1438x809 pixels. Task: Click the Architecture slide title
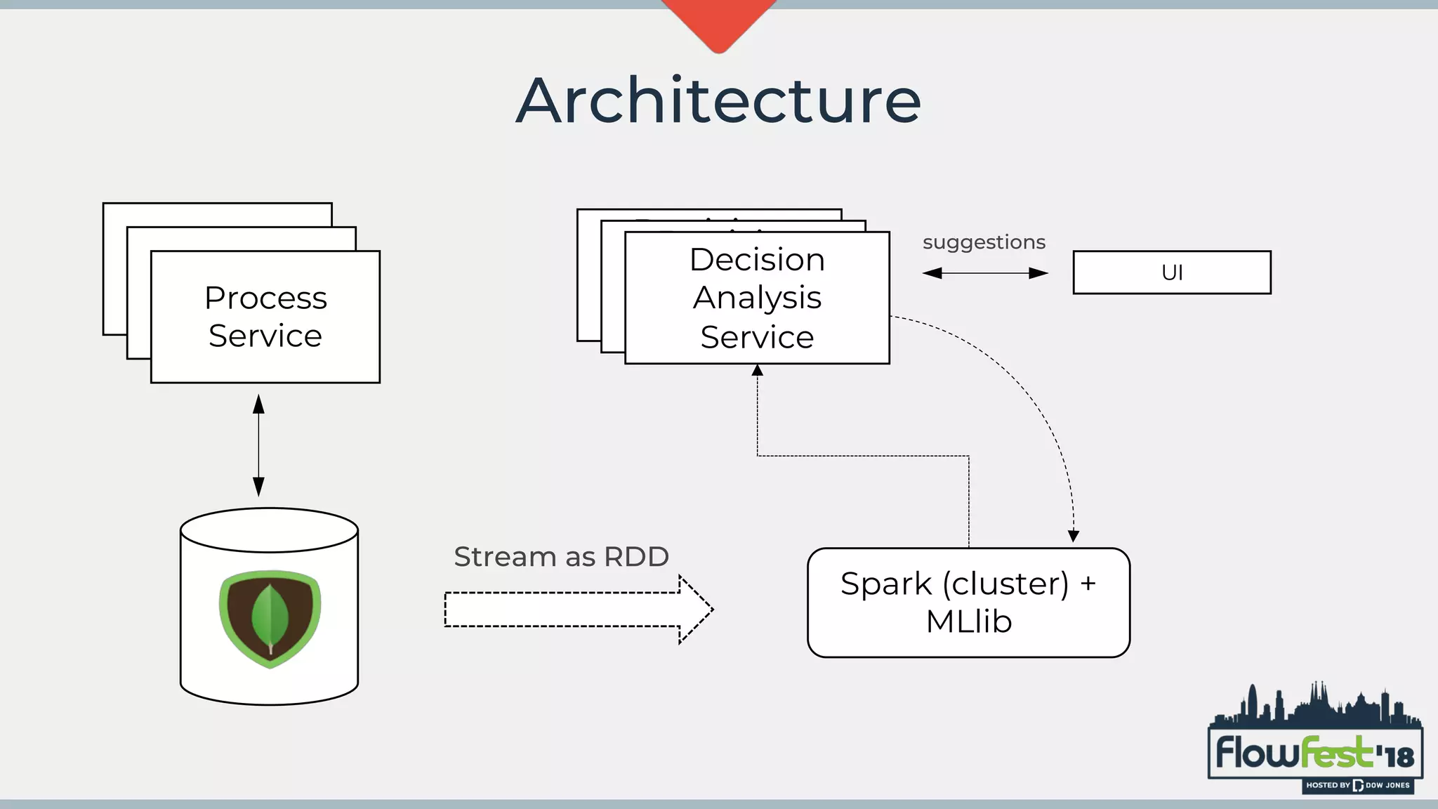(718, 101)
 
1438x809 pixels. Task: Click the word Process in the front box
(265, 298)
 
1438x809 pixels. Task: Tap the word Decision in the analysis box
(757, 260)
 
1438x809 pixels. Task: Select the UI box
(1171, 272)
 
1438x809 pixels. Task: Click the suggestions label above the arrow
(984, 242)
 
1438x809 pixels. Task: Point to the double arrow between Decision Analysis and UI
(984, 273)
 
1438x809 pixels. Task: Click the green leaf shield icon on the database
(270, 619)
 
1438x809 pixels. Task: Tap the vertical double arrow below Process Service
(258, 445)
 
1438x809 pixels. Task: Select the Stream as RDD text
(561, 557)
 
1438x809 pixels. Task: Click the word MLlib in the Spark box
(968, 621)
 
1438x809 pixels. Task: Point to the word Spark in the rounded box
(885, 584)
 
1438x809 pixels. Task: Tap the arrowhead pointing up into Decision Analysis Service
(757, 370)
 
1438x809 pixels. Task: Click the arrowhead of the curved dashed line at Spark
(1073, 537)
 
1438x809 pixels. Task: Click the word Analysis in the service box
(757, 298)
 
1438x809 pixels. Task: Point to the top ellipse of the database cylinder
(269, 530)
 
